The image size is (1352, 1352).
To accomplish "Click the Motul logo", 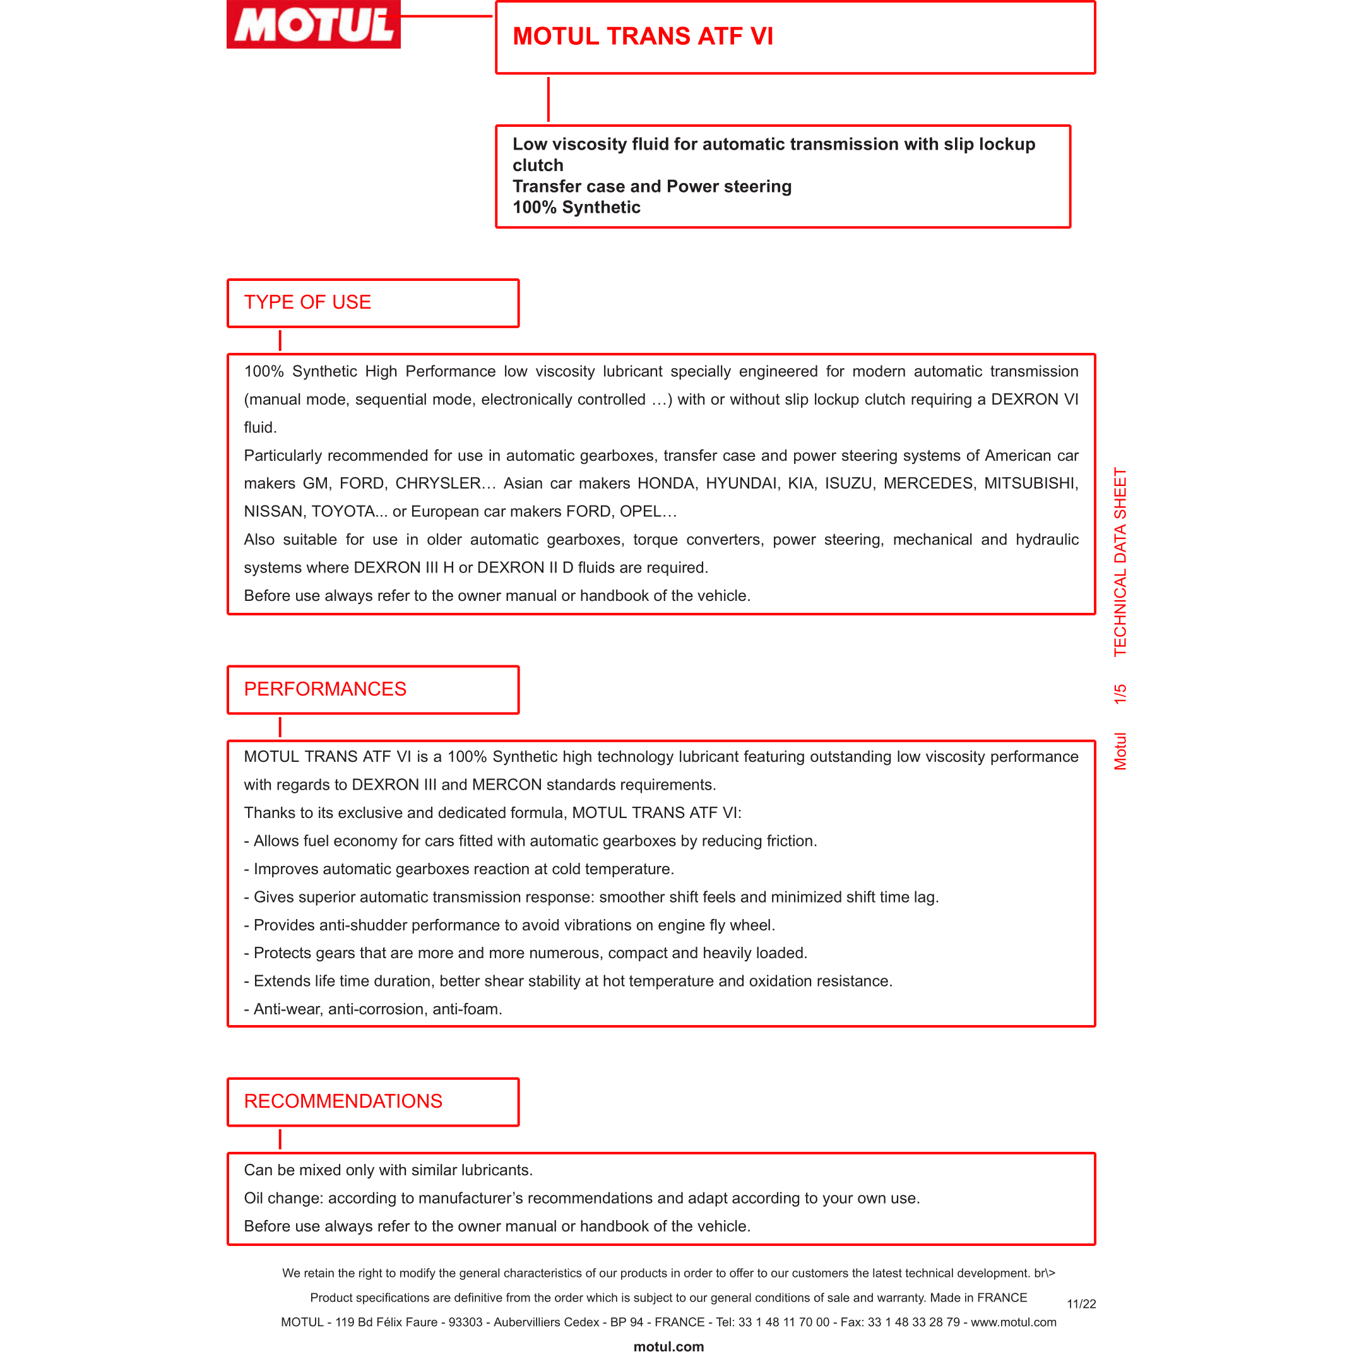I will [314, 24].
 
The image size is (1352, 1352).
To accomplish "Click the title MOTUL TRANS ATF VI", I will [643, 37].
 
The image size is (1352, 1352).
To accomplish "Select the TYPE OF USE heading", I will [307, 302].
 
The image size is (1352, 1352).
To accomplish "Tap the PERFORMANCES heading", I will [324, 689].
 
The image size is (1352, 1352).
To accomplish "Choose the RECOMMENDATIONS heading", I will [343, 1101].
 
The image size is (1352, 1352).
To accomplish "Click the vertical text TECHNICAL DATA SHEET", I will [1120, 561].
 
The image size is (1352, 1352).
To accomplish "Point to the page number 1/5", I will [1120, 694].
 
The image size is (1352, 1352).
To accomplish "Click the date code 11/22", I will [1081, 1304].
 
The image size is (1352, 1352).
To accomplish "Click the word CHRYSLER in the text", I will [438, 483].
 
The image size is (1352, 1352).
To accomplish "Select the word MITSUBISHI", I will [1029, 483].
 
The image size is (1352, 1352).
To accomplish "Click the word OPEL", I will [640, 511].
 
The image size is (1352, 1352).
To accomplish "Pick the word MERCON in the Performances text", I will [507, 785].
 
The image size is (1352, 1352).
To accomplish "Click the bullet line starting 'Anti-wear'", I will [373, 1009].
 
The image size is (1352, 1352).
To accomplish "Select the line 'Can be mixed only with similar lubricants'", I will [388, 1170].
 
